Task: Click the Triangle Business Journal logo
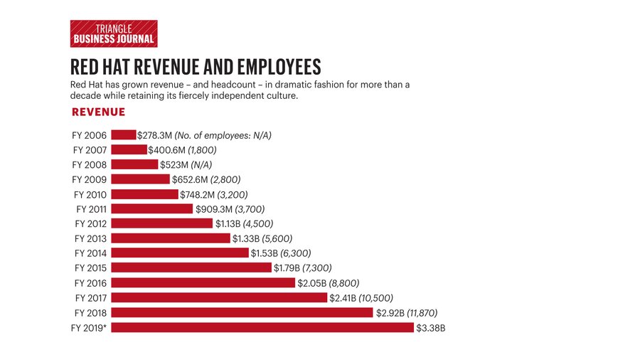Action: (114, 33)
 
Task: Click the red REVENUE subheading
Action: (99, 112)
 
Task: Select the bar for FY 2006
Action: (124, 134)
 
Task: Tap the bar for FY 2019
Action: (262, 327)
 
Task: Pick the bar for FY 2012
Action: (162, 223)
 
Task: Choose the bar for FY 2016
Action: (203, 282)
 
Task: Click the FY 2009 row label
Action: (90, 179)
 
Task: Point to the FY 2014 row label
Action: (90, 253)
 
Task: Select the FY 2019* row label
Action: (90, 327)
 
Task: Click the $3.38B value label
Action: (430, 327)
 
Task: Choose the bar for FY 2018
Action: (242, 312)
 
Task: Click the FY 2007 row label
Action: (90, 149)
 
